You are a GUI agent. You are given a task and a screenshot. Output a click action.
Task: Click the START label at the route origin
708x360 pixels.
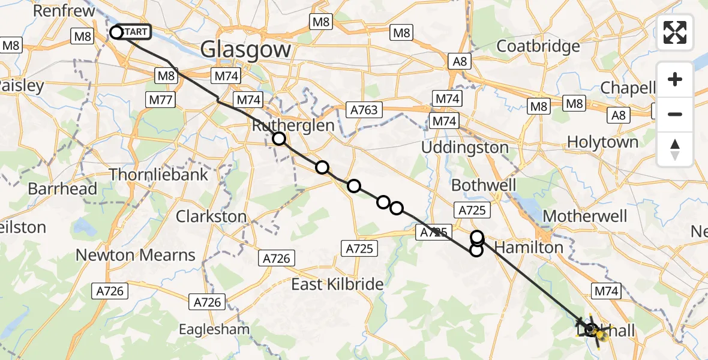tap(136, 32)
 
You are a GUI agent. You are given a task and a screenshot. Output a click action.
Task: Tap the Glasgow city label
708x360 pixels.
tap(246, 49)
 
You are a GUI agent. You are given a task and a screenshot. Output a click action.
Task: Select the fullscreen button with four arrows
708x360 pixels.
tap(675, 32)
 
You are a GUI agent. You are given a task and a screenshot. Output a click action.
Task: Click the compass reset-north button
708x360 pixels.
tap(675, 149)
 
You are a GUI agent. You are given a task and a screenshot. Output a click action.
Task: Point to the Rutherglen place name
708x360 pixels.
tap(293, 126)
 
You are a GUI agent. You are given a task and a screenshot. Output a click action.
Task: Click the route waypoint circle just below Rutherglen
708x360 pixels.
tap(279, 139)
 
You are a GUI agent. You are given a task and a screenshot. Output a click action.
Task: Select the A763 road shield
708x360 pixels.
tap(365, 110)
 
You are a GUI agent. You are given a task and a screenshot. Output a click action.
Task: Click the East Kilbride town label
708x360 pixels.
tap(337, 284)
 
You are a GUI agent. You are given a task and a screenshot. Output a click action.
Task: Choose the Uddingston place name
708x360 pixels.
tap(464, 147)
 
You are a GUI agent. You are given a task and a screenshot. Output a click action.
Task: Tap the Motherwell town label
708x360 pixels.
tap(584, 216)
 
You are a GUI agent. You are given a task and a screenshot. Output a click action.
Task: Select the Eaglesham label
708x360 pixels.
tap(214, 329)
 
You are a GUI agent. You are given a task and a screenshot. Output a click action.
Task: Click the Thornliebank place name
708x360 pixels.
tap(158, 175)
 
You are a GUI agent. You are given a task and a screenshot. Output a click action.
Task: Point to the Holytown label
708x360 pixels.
tap(602, 142)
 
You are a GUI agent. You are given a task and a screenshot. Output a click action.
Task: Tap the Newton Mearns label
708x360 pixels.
tap(136, 255)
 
